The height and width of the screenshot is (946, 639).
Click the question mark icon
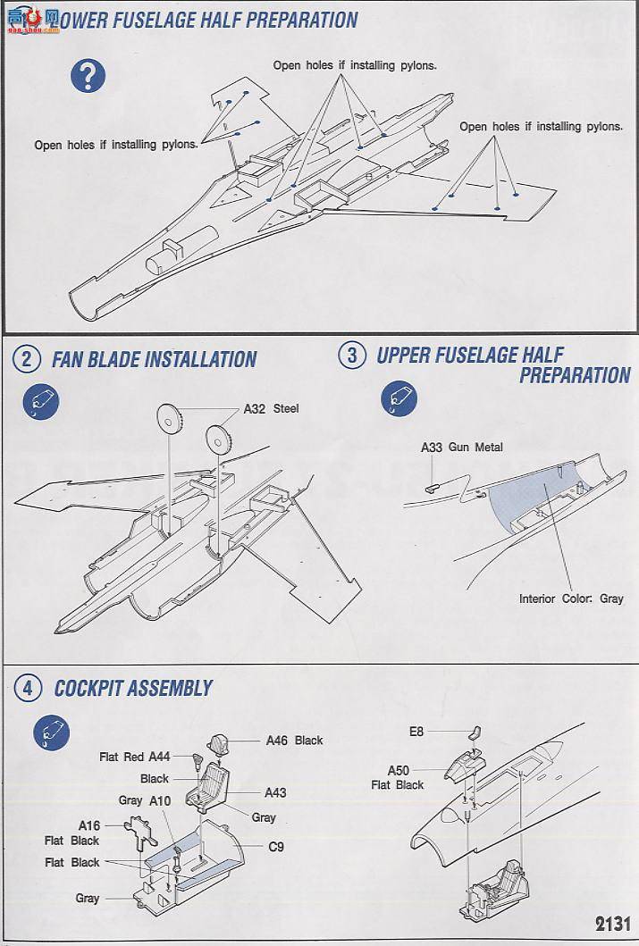pyautogui.click(x=91, y=76)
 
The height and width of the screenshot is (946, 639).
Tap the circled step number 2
pyautogui.click(x=27, y=359)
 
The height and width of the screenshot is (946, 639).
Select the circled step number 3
pyautogui.click(x=351, y=356)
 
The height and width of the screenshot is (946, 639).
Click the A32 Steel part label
pyautogui.click(x=272, y=409)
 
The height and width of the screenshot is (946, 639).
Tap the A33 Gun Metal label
pyautogui.click(x=461, y=448)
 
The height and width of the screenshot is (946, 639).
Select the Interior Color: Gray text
pyautogui.click(x=571, y=599)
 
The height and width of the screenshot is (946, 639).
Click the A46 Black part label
pyautogui.click(x=294, y=741)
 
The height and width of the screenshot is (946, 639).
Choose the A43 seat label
pyautogui.click(x=274, y=793)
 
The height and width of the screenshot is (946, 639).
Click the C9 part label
pyautogui.click(x=275, y=846)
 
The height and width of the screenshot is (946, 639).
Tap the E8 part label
pyautogui.click(x=417, y=731)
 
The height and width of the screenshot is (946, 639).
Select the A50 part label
pyautogui.click(x=398, y=770)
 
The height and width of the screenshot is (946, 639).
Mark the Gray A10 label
pyautogui.click(x=144, y=801)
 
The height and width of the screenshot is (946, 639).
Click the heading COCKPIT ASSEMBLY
pyautogui.click(x=133, y=688)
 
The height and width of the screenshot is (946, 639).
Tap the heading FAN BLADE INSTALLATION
pyautogui.click(x=154, y=360)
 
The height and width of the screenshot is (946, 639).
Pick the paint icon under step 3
pyautogui.click(x=399, y=399)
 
